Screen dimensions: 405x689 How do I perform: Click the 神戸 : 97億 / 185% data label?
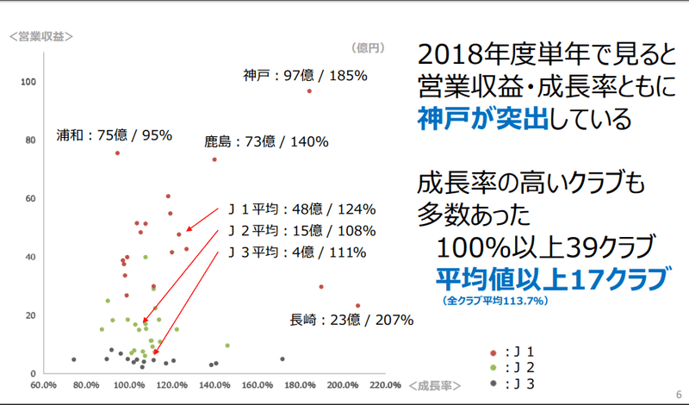(x=305, y=76)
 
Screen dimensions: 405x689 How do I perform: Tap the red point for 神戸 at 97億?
(x=309, y=90)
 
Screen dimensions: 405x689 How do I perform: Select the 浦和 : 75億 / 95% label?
(x=115, y=135)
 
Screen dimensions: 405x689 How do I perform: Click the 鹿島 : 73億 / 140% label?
(x=265, y=141)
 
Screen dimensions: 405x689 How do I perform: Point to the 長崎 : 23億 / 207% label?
(x=352, y=320)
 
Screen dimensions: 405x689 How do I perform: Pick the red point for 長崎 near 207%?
(x=357, y=306)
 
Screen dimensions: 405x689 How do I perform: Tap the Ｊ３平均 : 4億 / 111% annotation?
(x=296, y=252)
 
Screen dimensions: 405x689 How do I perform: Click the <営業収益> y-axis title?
(x=40, y=36)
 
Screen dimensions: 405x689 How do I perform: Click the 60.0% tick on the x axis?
(x=43, y=384)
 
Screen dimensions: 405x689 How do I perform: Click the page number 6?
(x=679, y=389)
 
